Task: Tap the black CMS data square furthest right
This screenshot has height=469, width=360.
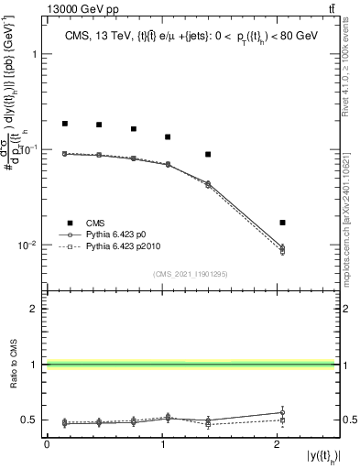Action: pos(282,223)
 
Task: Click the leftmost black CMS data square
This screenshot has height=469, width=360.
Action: pos(64,123)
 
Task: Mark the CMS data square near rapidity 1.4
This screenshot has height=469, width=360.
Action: pos(208,154)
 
